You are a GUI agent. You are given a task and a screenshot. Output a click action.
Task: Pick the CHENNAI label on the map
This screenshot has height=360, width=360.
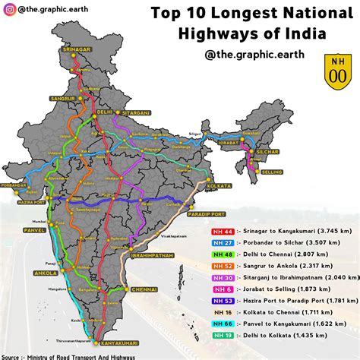click(x=143, y=290)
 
